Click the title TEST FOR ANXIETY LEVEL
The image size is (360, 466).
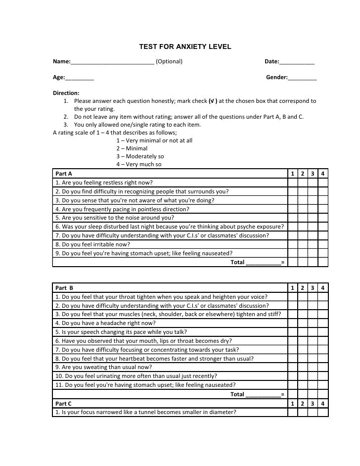click(185, 47)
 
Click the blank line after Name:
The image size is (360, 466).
click(112, 62)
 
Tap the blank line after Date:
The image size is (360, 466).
click(297, 62)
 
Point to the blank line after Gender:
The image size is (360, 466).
click(302, 78)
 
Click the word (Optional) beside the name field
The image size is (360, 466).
click(169, 61)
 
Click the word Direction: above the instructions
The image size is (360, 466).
click(66, 93)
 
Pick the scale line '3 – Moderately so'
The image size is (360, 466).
click(140, 156)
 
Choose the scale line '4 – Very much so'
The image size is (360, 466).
click(138, 164)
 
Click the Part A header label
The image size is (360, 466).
click(64, 174)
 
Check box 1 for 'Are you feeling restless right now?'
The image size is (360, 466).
click(293, 183)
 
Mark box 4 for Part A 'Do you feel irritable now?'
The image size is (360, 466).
click(323, 244)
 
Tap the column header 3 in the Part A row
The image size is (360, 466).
click(313, 174)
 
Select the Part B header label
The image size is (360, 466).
click(64, 288)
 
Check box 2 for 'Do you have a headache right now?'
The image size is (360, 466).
click(303, 323)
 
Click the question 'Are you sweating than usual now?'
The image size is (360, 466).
click(103, 367)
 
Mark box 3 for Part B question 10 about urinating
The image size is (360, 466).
click(313, 376)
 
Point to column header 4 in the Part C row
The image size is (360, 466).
click(323, 404)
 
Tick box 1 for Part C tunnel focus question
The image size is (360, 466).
click(293, 413)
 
